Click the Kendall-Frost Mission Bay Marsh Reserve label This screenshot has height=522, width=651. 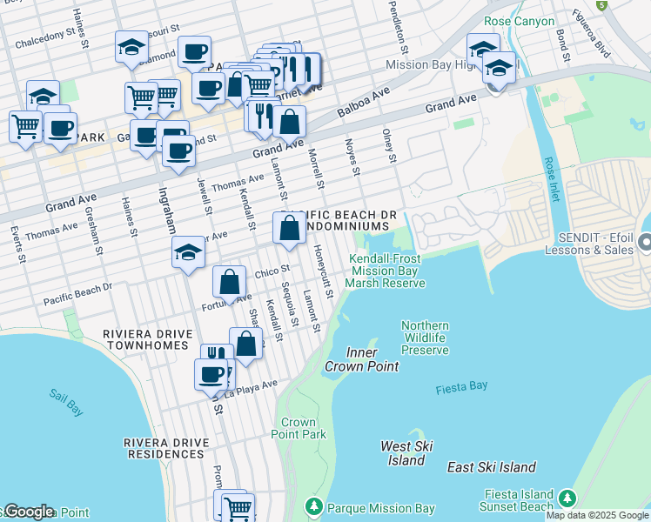(x=386, y=271)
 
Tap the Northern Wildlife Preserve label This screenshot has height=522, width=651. (x=425, y=338)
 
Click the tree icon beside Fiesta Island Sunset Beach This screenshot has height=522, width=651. (x=567, y=498)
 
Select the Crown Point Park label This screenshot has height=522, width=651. (x=299, y=428)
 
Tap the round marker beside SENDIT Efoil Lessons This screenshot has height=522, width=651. (x=645, y=240)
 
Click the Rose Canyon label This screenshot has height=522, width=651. (x=519, y=21)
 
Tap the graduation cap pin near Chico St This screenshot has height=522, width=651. (x=187, y=252)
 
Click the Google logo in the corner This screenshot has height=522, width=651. (x=28, y=512)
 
